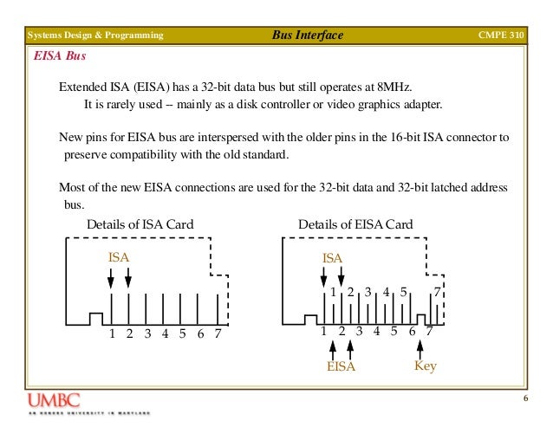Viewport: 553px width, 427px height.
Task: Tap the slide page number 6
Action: pyautogui.click(x=525, y=398)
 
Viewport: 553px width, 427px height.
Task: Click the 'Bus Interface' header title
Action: pyautogui.click(x=308, y=36)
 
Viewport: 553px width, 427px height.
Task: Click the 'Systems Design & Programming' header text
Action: pyautogui.click(x=94, y=36)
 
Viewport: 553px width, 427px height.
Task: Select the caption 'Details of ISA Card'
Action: pyautogui.click(x=140, y=225)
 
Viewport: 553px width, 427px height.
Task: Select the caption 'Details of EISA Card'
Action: pyautogui.click(x=355, y=225)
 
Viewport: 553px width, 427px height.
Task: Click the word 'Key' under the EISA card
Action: pyautogui.click(x=425, y=366)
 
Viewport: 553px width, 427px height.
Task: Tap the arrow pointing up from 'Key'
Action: pyautogui.click(x=420, y=348)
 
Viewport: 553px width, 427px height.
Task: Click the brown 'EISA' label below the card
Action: pyautogui.click(x=342, y=366)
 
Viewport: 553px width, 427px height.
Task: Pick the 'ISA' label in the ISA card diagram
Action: pyautogui.click(x=119, y=257)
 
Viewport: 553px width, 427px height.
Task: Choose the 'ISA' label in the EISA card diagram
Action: pyautogui.click(x=332, y=257)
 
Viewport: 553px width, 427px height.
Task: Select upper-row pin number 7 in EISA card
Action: pyautogui.click(x=437, y=292)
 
